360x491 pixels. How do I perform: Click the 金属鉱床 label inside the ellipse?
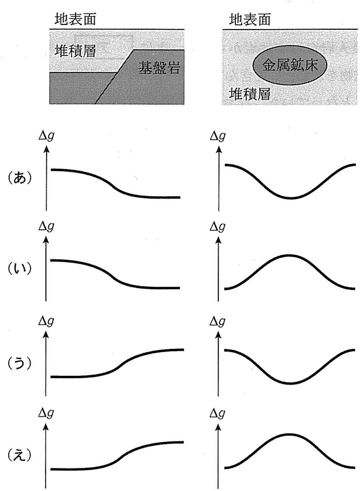coord(290,65)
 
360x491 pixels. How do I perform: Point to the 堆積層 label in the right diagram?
coord(249,94)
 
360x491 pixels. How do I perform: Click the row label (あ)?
coord(19,178)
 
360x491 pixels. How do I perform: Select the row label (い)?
coord(19,269)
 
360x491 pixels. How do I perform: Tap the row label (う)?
coord(19,364)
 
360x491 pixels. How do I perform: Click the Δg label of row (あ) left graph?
coord(46,136)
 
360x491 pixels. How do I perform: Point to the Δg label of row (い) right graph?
coord(218,227)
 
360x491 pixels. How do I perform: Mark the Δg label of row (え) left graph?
coord(46,413)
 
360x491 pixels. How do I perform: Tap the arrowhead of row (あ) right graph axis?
coord(219,149)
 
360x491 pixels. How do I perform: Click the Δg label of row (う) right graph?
coord(218,321)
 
